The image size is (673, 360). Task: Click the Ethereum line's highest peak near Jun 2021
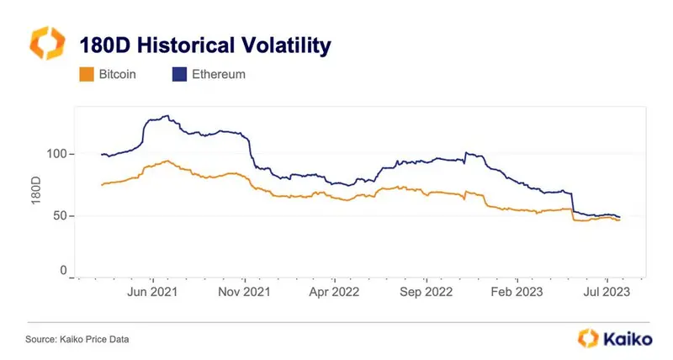[x=167, y=116]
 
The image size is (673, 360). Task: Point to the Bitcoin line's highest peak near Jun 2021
[x=169, y=161]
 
